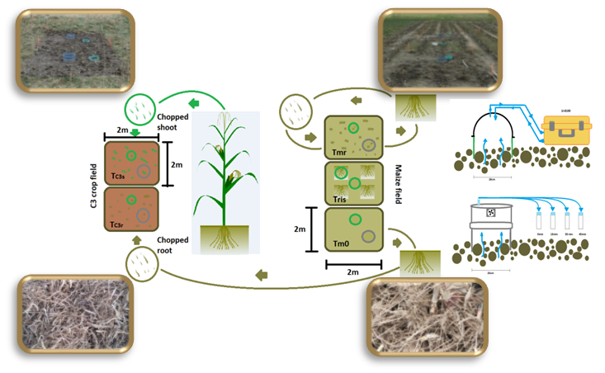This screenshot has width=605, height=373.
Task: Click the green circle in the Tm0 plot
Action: (354, 219)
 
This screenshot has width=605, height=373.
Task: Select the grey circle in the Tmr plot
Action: (369, 146)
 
